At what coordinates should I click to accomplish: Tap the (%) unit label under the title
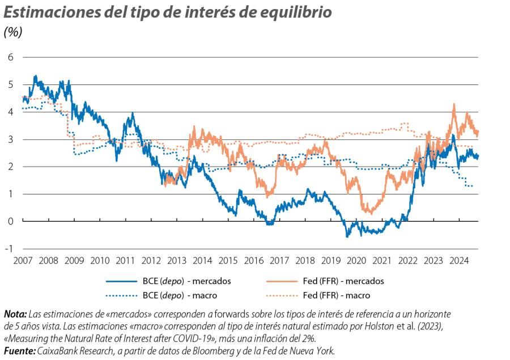[x=13, y=32]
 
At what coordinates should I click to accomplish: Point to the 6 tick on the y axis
[x=10, y=57]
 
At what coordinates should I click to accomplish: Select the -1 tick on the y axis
[x=8, y=248]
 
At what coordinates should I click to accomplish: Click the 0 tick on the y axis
[x=10, y=221]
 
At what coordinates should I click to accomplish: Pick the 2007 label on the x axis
[x=23, y=260]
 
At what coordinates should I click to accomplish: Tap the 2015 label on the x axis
[x=228, y=260]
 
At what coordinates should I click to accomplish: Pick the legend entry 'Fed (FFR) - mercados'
[x=343, y=281]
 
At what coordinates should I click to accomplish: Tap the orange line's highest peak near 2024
[x=454, y=104]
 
